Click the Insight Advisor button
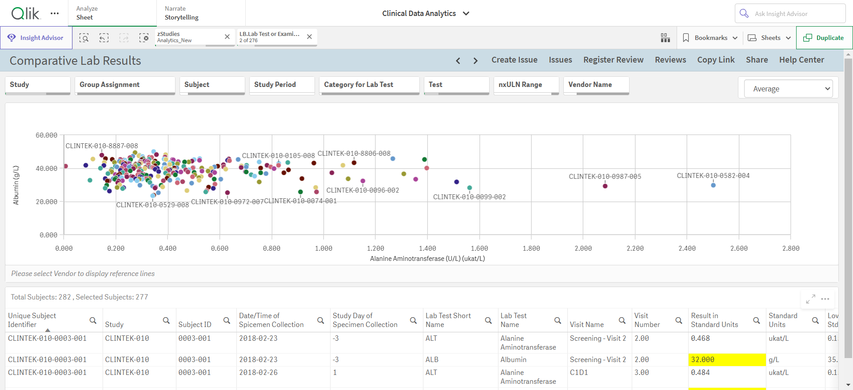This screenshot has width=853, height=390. [x=36, y=38]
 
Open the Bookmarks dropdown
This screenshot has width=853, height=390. [x=710, y=38]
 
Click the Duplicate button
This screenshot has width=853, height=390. [x=824, y=38]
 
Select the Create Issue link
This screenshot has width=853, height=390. [x=514, y=60]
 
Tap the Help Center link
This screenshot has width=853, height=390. [x=801, y=60]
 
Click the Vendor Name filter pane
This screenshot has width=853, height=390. [x=596, y=85]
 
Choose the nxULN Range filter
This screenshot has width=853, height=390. [x=526, y=85]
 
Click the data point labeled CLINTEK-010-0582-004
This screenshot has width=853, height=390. [x=713, y=185]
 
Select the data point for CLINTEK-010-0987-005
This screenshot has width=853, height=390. [x=605, y=186]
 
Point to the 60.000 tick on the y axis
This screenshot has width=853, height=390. [x=47, y=135]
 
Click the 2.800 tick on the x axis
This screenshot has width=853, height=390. [x=791, y=248]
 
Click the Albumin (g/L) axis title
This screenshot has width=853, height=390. [x=16, y=185]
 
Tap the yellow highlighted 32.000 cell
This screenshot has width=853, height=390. [x=727, y=360]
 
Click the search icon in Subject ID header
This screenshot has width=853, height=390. [x=227, y=320]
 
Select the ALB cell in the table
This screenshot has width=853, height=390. [x=432, y=360]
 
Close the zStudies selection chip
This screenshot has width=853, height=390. [x=227, y=37]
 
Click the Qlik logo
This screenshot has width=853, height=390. [x=26, y=13]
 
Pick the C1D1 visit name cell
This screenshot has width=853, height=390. [x=579, y=373]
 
